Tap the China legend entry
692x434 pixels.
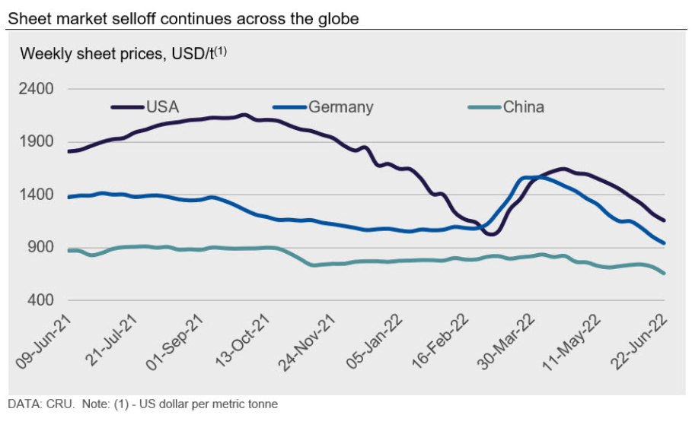pos(523,106)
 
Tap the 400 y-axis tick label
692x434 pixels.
pos(40,300)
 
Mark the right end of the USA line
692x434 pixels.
pos(665,220)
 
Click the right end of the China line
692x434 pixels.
pos(665,274)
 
